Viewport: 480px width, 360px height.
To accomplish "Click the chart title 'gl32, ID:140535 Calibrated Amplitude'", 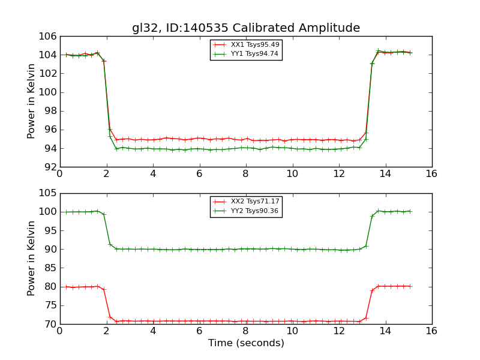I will coord(246,28).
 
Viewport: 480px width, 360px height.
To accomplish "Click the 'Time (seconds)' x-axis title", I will coord(246,343).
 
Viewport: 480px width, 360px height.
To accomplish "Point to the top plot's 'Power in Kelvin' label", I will coord(32,101).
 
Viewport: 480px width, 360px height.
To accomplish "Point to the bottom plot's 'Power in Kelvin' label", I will coord(32,258).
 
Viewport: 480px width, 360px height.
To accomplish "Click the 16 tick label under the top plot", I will coord(431,174).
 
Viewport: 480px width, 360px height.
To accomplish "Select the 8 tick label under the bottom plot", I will coord(245,331).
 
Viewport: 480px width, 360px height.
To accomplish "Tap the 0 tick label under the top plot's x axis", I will coord(59,174).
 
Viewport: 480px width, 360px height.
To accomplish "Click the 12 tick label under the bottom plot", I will coord(338,331).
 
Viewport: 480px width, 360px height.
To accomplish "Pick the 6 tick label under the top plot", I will coord(199,174).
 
